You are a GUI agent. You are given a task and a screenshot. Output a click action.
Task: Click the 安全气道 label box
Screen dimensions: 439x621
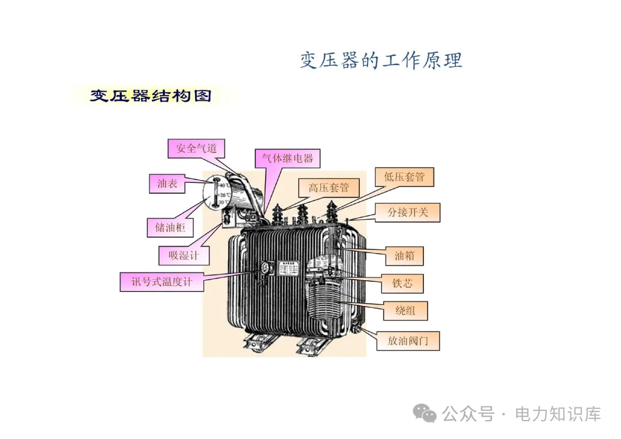point(197,148)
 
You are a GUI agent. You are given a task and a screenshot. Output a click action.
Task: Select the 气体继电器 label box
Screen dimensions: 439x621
point(287,158)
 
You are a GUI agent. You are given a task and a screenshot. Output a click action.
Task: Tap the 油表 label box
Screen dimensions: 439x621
point(167,184)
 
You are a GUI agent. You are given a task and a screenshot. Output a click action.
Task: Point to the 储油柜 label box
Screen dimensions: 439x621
point(170,227)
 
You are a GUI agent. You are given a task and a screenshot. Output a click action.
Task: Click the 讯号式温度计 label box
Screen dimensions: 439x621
point(162,282)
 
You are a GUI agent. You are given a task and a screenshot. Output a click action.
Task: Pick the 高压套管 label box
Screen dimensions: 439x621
point(328,188)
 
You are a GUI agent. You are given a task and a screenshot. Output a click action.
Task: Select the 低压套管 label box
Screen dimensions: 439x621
point(404,177)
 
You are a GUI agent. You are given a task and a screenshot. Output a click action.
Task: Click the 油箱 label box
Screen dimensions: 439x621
point(404,256)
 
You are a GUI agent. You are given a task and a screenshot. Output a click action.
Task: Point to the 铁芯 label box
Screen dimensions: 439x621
point(403,284)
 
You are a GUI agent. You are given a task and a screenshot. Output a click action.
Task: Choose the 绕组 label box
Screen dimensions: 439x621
point(405,311)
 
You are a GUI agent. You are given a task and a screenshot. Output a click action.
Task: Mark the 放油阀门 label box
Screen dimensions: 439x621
point(408,341)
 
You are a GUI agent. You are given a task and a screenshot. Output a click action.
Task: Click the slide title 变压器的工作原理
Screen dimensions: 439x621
point(381,60)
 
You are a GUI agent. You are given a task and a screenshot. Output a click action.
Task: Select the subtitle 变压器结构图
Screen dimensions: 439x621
point(151,96)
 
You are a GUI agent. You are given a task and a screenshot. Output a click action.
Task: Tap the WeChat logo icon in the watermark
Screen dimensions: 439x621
point(426,413)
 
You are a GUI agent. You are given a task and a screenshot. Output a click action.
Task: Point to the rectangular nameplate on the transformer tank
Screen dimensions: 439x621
point(286,270)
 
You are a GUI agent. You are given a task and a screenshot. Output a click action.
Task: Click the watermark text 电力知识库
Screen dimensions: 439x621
point(558,414)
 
